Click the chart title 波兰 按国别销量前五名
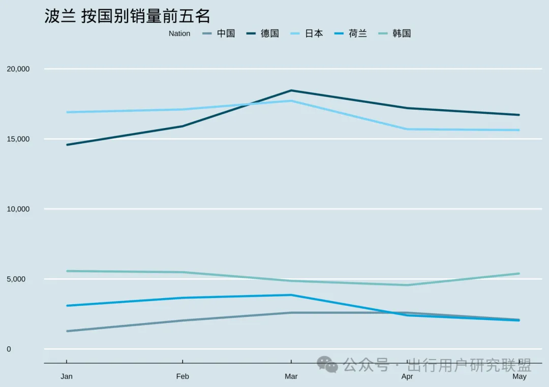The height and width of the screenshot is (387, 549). tap(127, 16)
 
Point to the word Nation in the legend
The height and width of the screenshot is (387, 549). tap(179, 34)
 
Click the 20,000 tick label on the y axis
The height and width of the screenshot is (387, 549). tap(18, 69)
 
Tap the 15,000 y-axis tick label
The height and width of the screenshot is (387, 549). tap(18, 139)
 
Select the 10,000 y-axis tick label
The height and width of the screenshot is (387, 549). tap(18, 209)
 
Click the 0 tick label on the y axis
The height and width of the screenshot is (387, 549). tap(9, 349)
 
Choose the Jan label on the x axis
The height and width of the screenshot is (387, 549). tap(67, 377)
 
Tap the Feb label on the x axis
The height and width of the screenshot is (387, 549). tap(182, 377)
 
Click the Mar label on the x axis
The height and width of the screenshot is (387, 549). tap(291, 377)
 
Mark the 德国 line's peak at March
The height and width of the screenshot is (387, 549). tap(291, 90)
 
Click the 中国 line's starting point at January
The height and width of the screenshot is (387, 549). tap(67, 331)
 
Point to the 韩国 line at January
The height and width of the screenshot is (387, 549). tap(67, 271)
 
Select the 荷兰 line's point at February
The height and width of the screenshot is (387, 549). tap(182, 298)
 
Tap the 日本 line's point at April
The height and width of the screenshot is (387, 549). tap(407, 129)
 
